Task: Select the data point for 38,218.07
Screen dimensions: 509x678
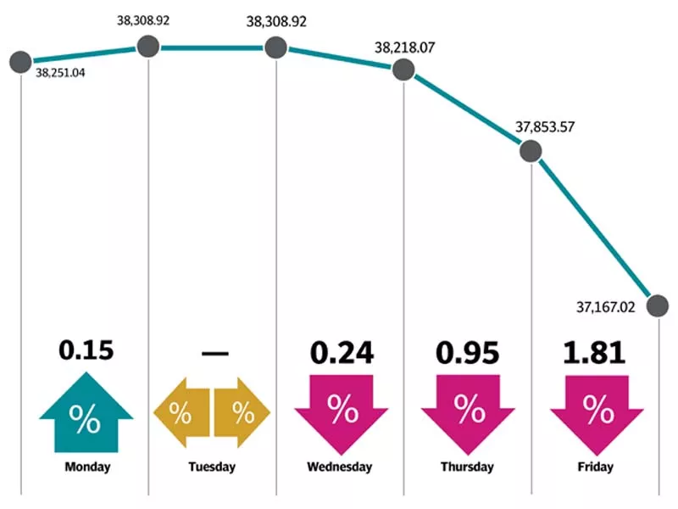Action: (403, 70)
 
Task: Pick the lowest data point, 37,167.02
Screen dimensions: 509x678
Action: (657, 304)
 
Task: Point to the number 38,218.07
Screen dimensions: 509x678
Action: (404, 47)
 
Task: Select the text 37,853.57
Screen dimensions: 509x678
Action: (546, 128)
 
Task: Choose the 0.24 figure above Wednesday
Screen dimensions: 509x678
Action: (342, 352)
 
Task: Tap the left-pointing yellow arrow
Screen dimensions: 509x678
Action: (181, 414)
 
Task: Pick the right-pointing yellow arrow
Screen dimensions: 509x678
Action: (242, 414)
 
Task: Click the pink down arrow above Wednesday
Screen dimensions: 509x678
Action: (342, 413)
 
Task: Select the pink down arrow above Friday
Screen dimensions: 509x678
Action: (597, 413)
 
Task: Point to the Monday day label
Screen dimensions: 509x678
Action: (86, 467)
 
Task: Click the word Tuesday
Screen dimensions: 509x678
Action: (212, 467)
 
